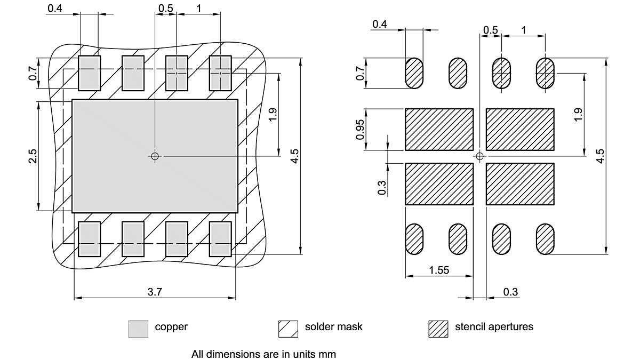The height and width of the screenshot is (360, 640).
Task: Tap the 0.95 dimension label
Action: (x=361, y=130)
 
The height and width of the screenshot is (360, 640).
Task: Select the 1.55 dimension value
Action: (x=439, y=270)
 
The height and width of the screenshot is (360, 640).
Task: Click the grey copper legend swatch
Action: (x=138, y=329)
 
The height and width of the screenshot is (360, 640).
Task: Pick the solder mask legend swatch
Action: (x=288, y=329)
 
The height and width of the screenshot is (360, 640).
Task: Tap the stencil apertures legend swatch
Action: (x=438, y=329)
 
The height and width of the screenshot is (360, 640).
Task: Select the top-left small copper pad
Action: (x=90, y=73)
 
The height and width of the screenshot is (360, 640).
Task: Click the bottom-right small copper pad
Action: (x=220, y=239)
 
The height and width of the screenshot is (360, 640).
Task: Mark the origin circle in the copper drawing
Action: (x=155, y=156)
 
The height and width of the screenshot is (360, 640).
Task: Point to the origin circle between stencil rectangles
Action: (x=479, y=156)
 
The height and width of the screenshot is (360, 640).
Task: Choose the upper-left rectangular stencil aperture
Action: (x=439, y=130)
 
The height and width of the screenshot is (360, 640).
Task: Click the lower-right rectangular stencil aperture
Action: (x=520, y=184)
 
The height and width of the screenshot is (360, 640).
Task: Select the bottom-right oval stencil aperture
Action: (x=545, y=239)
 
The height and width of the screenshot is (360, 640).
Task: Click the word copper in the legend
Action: (x=171, y=326)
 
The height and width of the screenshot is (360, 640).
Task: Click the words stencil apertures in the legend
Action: (x=494, y=326)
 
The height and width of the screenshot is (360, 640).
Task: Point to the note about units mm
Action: (x=264, y=354)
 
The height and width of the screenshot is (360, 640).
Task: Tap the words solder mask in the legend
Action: (x=333, y=326)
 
